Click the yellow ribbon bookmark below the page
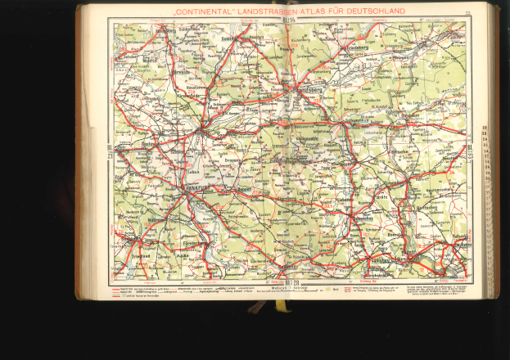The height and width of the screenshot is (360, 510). [281, 306]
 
